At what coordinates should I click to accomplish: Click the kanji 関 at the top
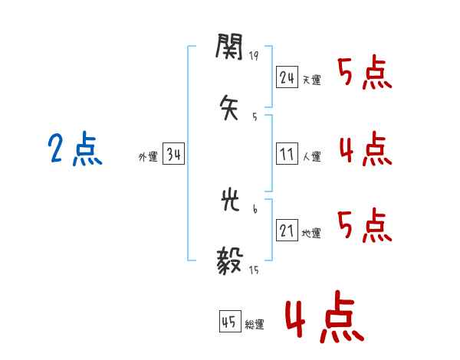(230, 48)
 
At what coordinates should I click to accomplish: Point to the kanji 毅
(230, 260)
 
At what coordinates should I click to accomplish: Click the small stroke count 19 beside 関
(254, 56)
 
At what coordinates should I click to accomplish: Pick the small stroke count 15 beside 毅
(254, 269)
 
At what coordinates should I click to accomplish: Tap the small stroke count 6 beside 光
(254, 208)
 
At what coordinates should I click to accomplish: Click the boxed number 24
(287, 77)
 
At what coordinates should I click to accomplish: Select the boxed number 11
(287, 154)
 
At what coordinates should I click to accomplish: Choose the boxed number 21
(287, 231)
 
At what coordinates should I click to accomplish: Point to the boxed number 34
(173, 155)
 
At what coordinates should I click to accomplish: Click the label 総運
(255, 325)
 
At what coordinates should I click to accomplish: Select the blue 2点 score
(75, 149)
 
